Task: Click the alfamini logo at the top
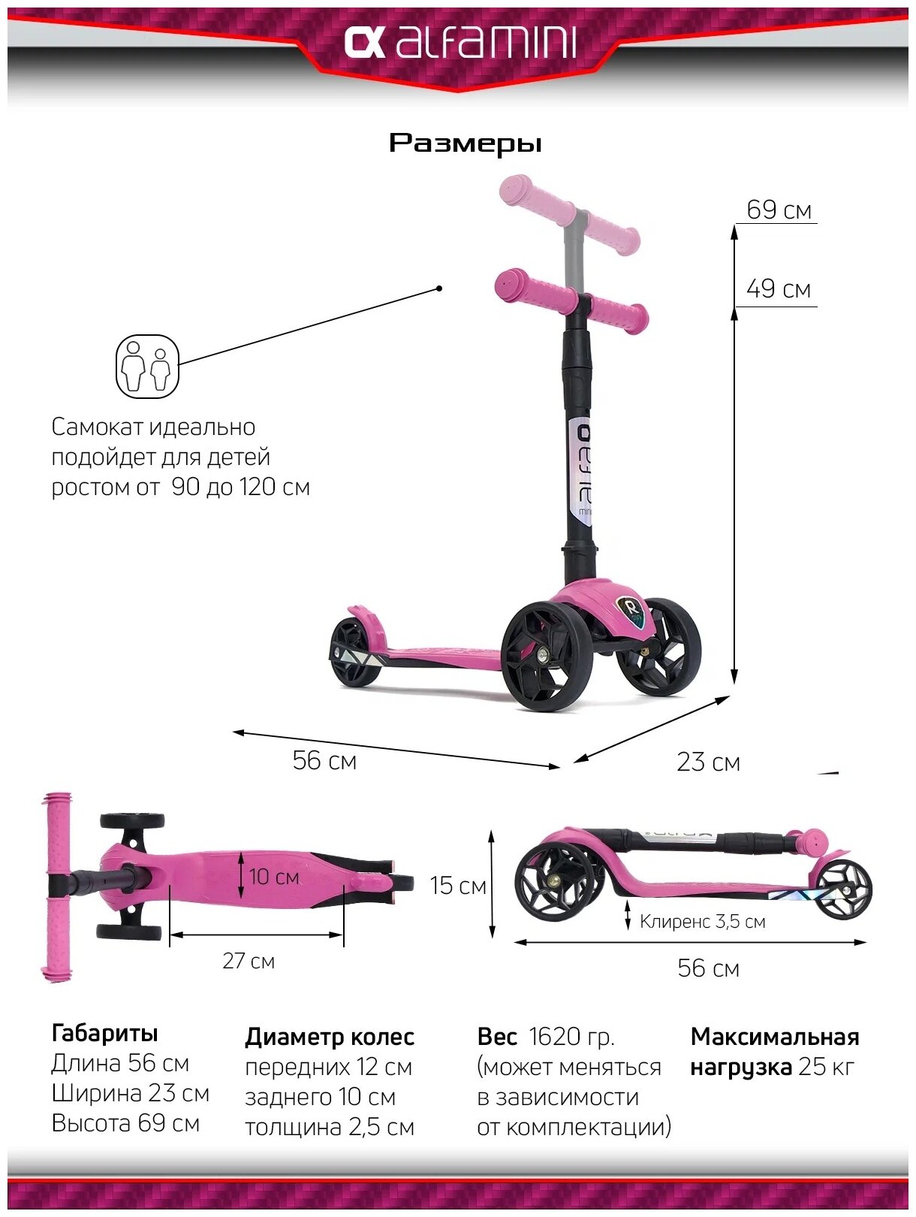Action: click(460, 44)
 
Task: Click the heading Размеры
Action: click(465, 143)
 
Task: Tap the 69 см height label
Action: click(779, 210)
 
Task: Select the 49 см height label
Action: click(779, 288)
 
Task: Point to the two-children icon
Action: click(147, 367)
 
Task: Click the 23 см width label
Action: click(707, 762)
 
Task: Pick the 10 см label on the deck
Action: click(274, 877)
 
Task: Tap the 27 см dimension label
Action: click(249, 961)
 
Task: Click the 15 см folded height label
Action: click(458, 886)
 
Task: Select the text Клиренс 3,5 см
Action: click(702, 921)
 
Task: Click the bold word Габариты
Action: click(104, 1033)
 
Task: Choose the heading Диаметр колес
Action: click(329, 1037)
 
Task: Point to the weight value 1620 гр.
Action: click(571, 1037)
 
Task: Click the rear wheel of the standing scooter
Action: click(354, 651)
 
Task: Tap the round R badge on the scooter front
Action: click(629, 605)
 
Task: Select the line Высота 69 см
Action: click(125, 1123)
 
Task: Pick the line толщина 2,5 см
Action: click(329, 1127)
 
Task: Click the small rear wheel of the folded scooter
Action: click(844, 889)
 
